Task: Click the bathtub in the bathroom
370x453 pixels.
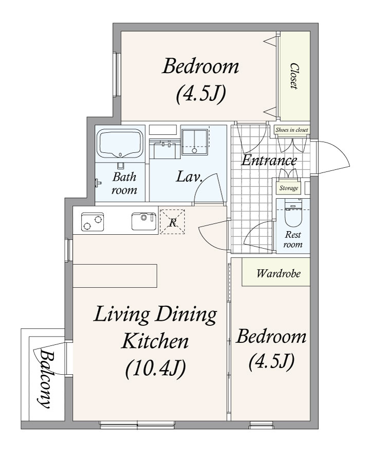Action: [x=120, y=144]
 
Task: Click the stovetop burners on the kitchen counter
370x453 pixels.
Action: [x=92, y=222]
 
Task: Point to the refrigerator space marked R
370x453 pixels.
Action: [x=173, y=221]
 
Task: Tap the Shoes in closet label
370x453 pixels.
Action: [x=291, y=130]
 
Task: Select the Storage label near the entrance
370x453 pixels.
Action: [x=288, y=188]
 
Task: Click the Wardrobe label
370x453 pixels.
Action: [x=279, y=273]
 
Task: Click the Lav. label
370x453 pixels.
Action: [x=190, y=177]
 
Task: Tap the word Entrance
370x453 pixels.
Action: [x=269, y=160]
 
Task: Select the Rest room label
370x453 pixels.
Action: [x=293, y=239]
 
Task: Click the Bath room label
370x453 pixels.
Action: [x=124, y=183]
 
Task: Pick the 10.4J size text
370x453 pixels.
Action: [x=155, y=369]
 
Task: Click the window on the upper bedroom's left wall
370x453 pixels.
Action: [x=117, y=74]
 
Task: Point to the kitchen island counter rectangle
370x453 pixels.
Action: [x=115, y=276]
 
